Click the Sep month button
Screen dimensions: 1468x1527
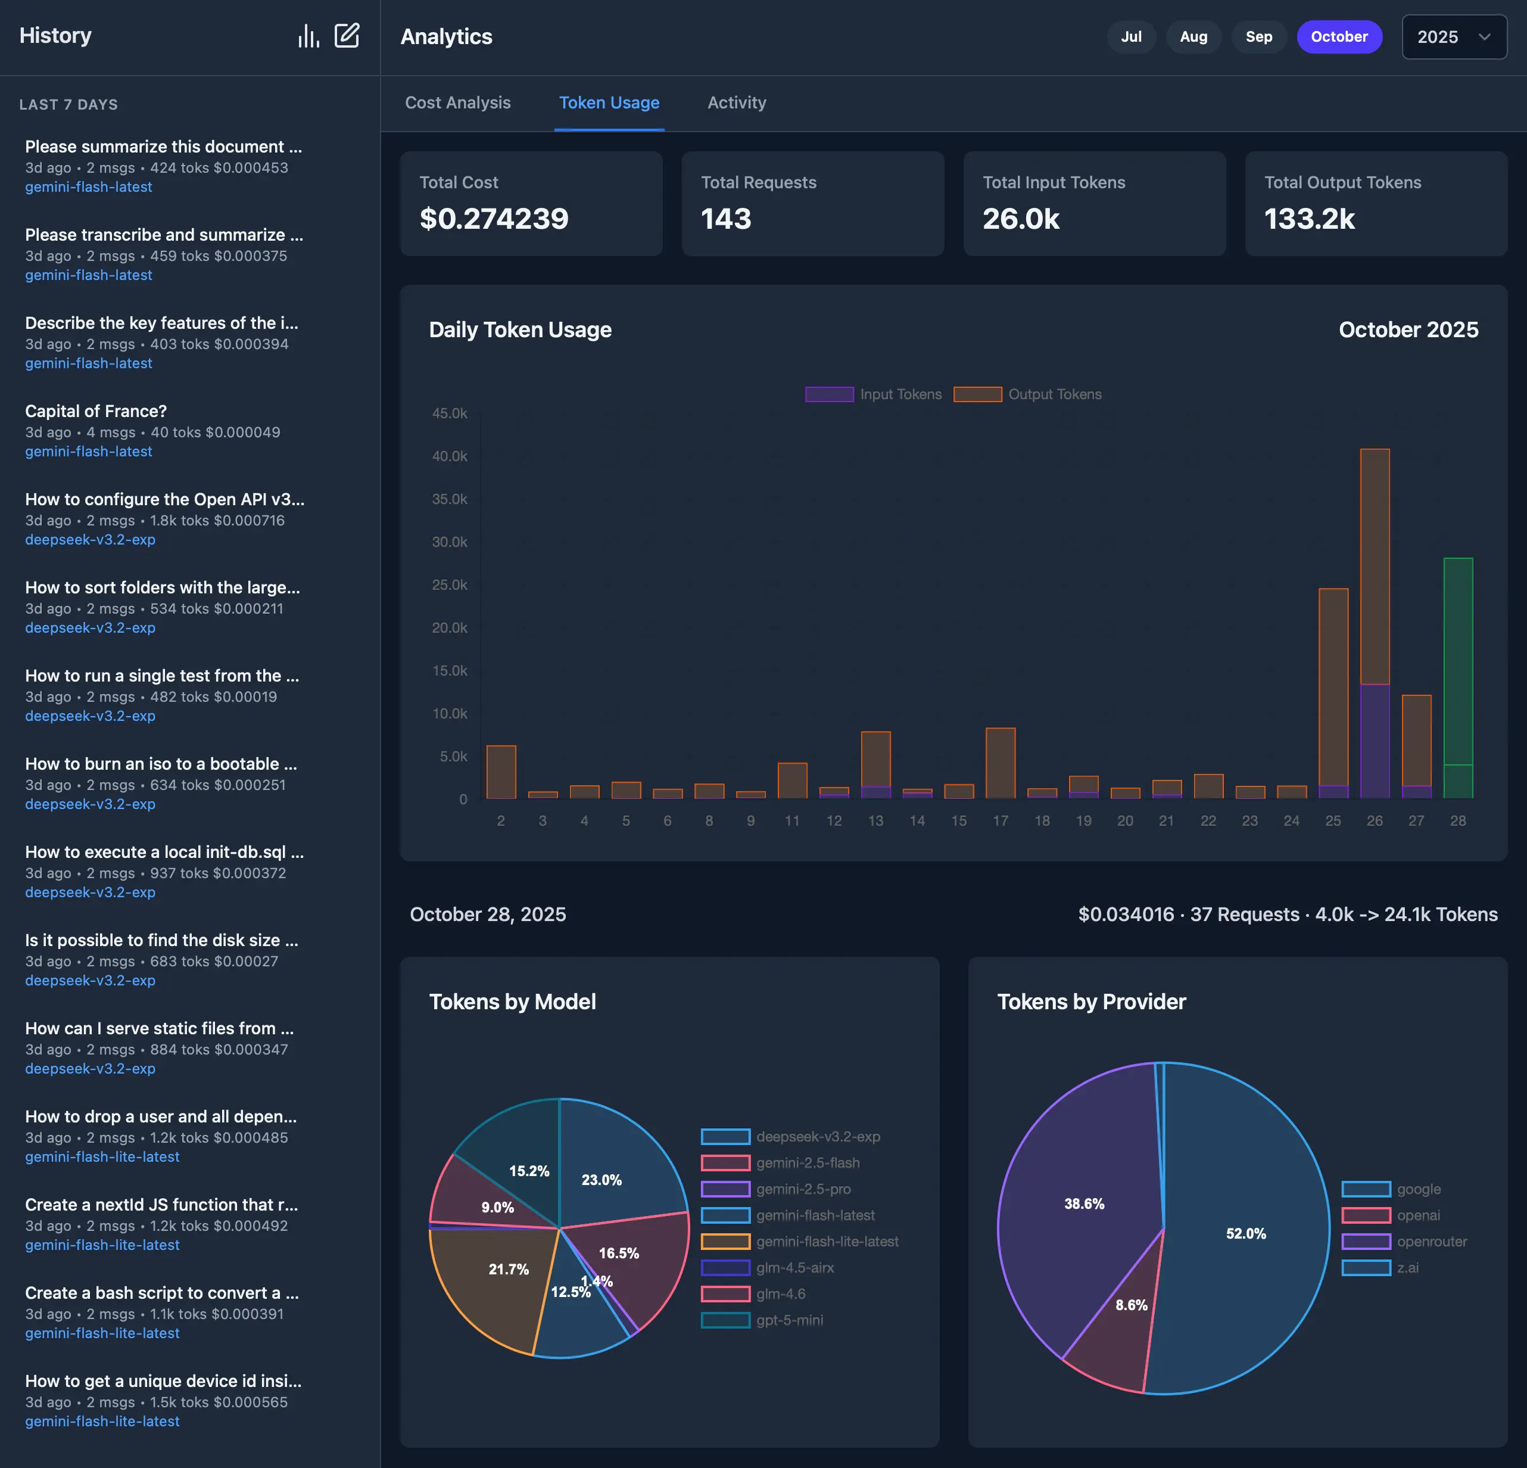1258,36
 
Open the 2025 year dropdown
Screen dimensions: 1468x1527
1453,36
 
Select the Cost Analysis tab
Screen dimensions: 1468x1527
457,103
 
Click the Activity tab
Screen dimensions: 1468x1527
736,103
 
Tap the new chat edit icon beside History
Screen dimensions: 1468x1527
347,36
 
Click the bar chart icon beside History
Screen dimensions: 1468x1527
308,36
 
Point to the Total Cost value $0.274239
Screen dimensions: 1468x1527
494,219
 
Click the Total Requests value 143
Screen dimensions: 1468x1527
725,219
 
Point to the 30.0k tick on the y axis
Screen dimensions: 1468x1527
450,542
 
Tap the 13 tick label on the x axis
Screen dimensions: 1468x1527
875,820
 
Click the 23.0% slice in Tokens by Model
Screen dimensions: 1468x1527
612,1169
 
